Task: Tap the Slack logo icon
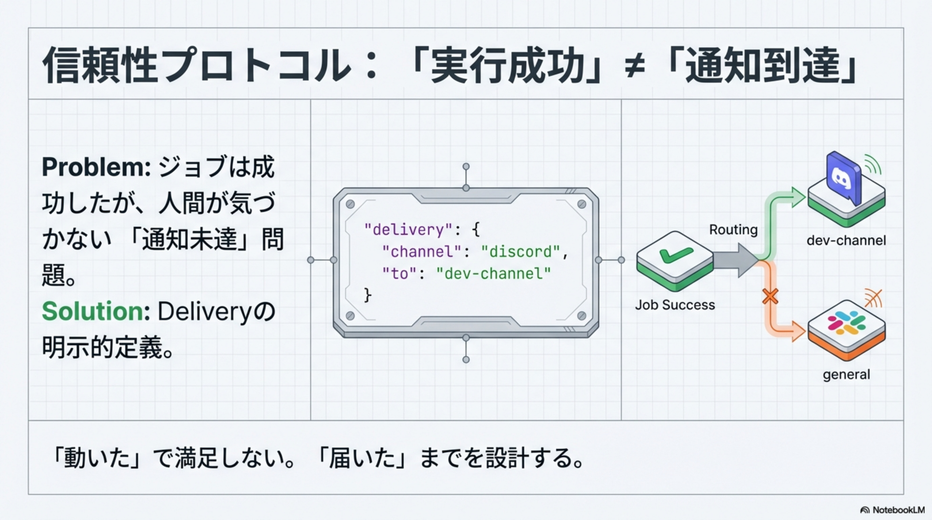coord(846,323)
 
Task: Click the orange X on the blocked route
coord(770,297)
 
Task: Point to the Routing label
coord(733,230)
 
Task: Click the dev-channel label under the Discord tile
coord(846,240)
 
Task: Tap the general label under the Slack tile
coord(846,374)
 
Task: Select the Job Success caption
coord(675,305)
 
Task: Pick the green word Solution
coord(92,311)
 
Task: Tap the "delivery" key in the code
coord(408,230)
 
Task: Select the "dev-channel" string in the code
coord(493,274)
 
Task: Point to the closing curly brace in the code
coord(367,295)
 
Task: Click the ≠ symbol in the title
coord(635,67)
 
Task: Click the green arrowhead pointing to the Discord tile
coord(798,197)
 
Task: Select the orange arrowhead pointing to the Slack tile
coord(798,331)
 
